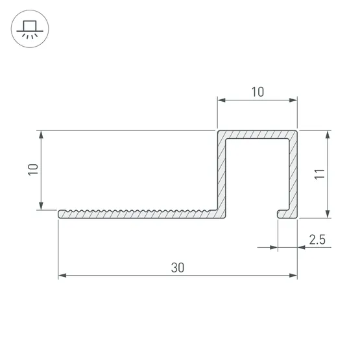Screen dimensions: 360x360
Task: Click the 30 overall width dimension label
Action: point(178,267)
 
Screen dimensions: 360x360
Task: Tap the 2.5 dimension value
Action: point(317,240)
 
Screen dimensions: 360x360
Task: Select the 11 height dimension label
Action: point(319,174)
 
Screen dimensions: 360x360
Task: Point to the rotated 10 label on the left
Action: point(33,169)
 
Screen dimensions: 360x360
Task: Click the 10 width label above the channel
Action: point(258,92)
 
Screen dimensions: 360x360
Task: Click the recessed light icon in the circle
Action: point(30,29)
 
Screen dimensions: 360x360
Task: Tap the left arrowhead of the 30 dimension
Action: point(62,275)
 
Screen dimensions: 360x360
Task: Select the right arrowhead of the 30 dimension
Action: point(293,275)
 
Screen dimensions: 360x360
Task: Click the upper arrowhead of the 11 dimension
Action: point(328,134)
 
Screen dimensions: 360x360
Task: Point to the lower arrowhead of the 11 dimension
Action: point(328,214)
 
